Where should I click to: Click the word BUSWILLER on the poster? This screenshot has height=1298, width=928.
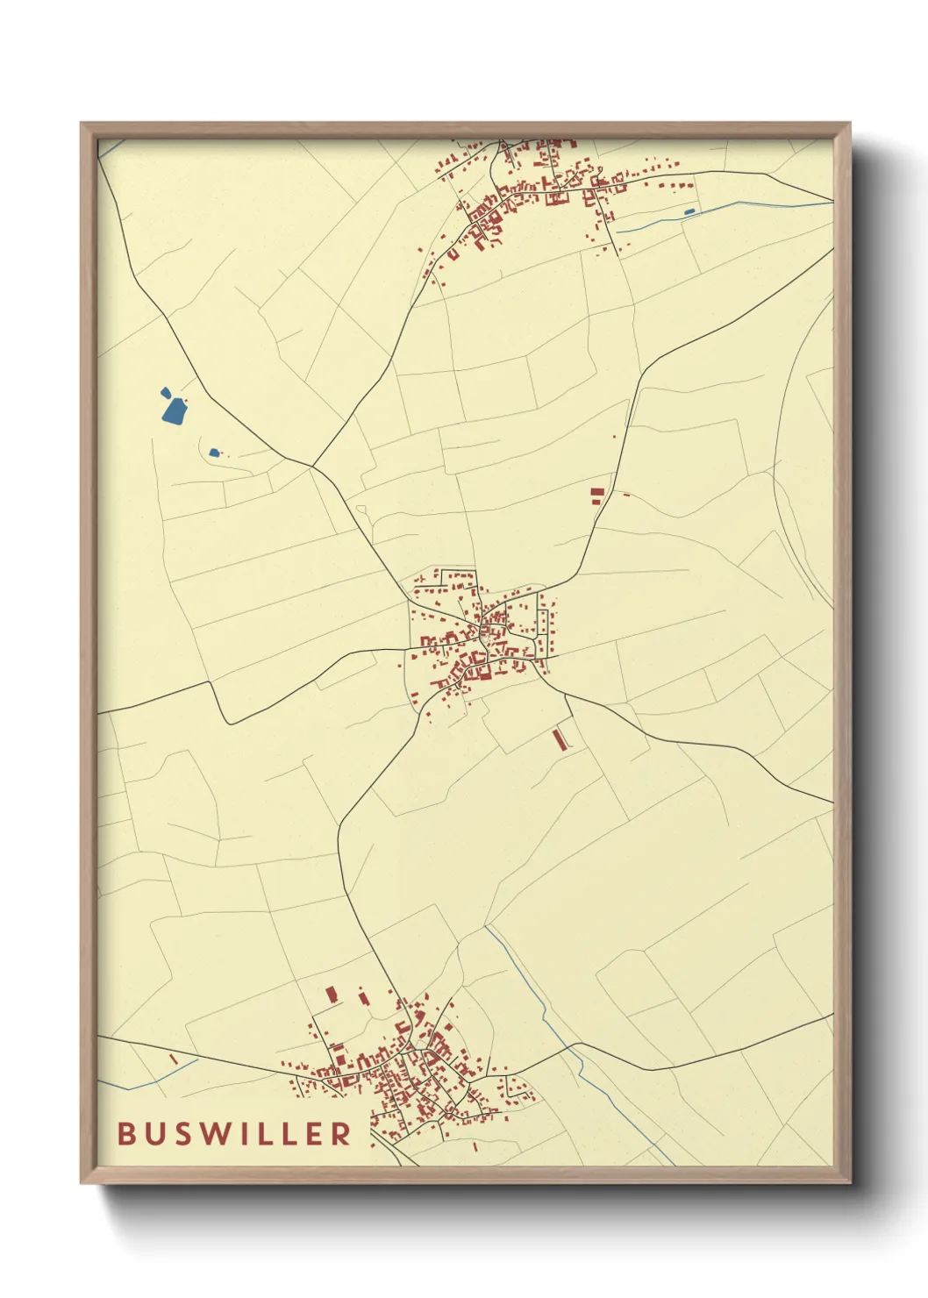click(x=234, y=1134)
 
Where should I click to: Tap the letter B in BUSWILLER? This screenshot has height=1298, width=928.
click(x=126, y=1134)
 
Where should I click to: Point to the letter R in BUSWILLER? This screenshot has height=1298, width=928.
click(x=342, y=1134)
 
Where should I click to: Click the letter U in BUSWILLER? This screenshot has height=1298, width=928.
click(x=154, y=1134)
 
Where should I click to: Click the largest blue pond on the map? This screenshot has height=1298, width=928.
click(x=174, y=410)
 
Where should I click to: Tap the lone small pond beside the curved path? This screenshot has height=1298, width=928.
click(x=214, y=453)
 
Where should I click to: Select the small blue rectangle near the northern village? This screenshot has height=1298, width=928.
click(x=689, y=211)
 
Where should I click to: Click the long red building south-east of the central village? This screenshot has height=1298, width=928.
click(x=559, y=739)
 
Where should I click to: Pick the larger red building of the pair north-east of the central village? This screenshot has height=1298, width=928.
click(x=597, y=494)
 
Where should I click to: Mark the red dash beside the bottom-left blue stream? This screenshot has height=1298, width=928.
click(x=174, y=1059)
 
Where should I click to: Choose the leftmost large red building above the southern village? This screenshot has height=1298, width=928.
click(x=332, y=995)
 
